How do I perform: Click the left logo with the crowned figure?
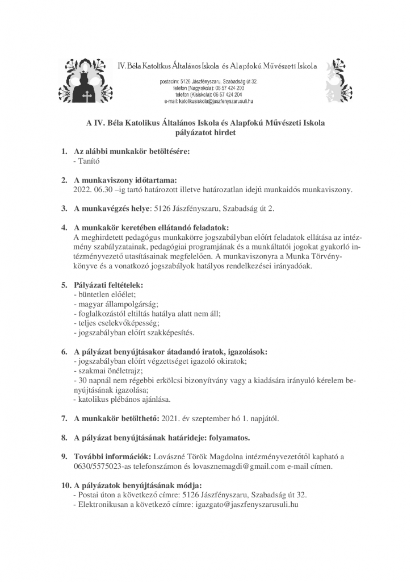click(85, 81)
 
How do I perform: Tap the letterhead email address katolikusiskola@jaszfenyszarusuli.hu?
click(208, 101)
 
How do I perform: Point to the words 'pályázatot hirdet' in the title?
click(205, 133)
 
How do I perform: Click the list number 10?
click(65, 485)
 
